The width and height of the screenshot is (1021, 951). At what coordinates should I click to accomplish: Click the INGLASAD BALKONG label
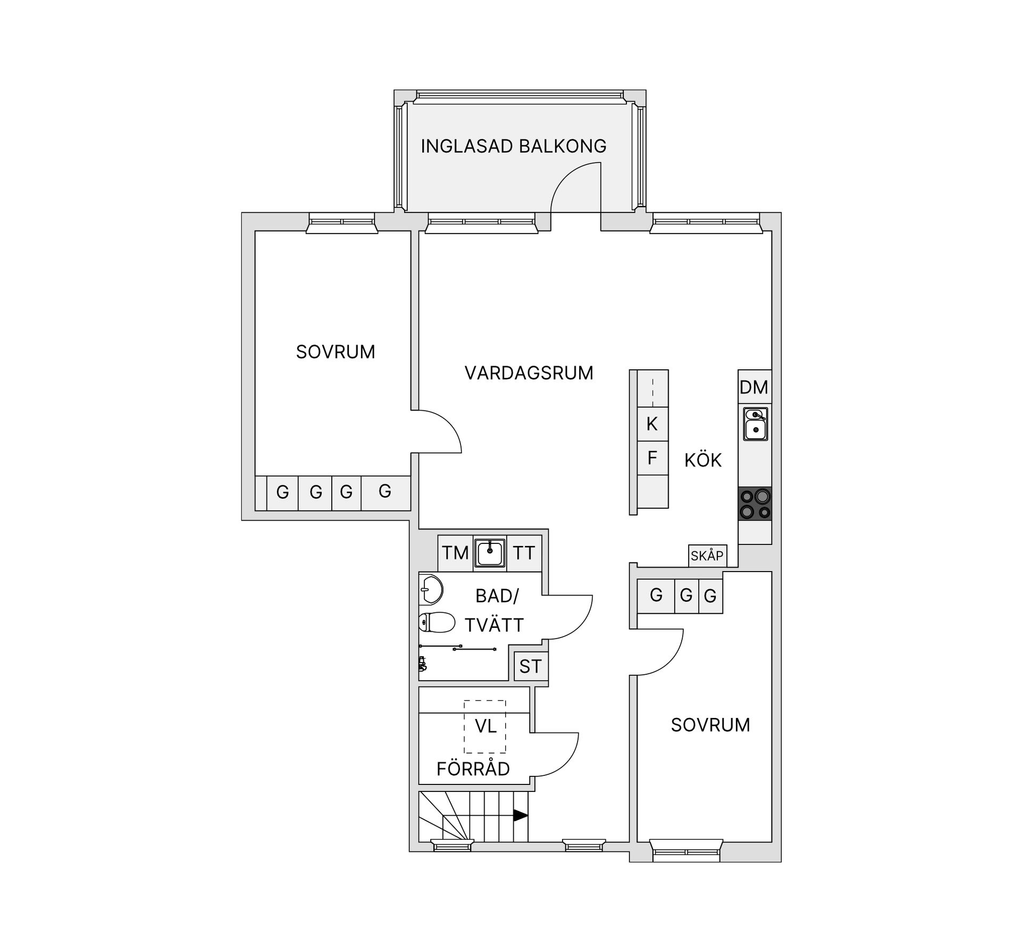pos(513,146)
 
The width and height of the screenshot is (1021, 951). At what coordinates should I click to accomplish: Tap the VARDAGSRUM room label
pos(529,373)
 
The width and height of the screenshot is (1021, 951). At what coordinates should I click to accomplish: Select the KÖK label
pos(702,460)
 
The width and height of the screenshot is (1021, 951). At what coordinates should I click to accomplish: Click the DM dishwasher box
pos(754,387)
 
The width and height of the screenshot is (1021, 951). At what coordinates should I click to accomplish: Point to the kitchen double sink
pos(755,424)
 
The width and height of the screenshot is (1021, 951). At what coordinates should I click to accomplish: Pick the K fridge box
pos(652,424)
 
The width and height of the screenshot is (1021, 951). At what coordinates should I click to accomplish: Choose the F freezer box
pos(652,458)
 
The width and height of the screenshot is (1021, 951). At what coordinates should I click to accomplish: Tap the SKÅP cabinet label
pos(707,556)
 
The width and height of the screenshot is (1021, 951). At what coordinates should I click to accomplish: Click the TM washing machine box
pos(455,553)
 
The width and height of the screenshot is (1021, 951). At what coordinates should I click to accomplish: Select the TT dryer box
pos(524,553)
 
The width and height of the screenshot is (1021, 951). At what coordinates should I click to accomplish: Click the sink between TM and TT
pos(490,553)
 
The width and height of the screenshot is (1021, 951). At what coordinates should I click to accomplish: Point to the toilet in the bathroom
pos(436,622)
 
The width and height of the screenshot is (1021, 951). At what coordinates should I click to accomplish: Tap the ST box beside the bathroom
pos(530,666)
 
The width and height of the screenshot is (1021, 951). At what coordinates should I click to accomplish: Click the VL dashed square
pos(485,726)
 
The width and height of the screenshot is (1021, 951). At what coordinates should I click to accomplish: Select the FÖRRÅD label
pos(473,769)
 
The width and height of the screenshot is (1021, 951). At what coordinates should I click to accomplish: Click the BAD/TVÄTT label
pos(495,610)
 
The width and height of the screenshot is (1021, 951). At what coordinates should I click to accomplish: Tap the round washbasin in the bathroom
pos(431,589)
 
